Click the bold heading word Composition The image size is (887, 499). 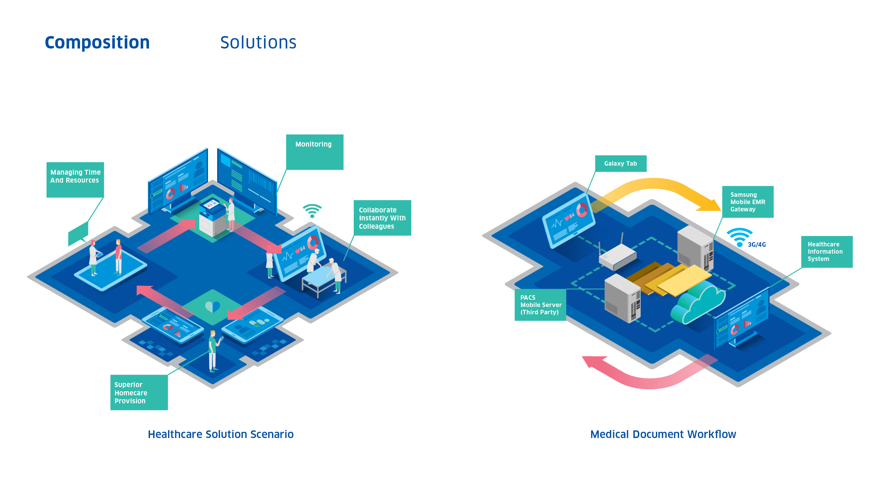97,43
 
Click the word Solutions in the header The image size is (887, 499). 258,43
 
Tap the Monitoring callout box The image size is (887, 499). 314,152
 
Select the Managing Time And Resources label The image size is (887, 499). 75,180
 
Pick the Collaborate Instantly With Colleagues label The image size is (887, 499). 382,218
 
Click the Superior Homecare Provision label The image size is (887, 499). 139,392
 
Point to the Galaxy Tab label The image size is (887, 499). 621,164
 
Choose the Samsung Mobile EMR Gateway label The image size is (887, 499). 748,202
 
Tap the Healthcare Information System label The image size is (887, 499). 826,252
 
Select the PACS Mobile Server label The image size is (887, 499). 540,305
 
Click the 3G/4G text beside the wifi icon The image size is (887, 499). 757,245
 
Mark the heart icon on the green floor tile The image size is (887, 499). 212,306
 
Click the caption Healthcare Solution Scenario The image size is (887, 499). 221,434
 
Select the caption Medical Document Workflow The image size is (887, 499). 663,434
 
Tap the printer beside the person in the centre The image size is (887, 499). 212,218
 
